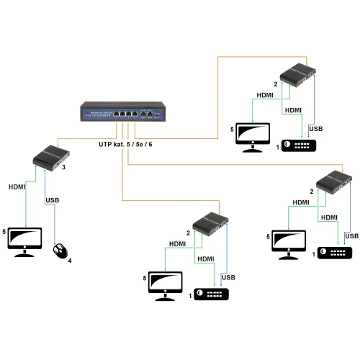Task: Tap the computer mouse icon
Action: click(x=60, y=251)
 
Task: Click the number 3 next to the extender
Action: click(x=64, y=168)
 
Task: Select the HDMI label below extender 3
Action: click(x=17, y=186)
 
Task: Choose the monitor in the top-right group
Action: click(x=253, y=136)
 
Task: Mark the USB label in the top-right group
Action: click(x=315, y=128)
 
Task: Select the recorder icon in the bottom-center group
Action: click(x=212, y=294)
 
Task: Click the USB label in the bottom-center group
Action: click(x=228, y=277)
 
